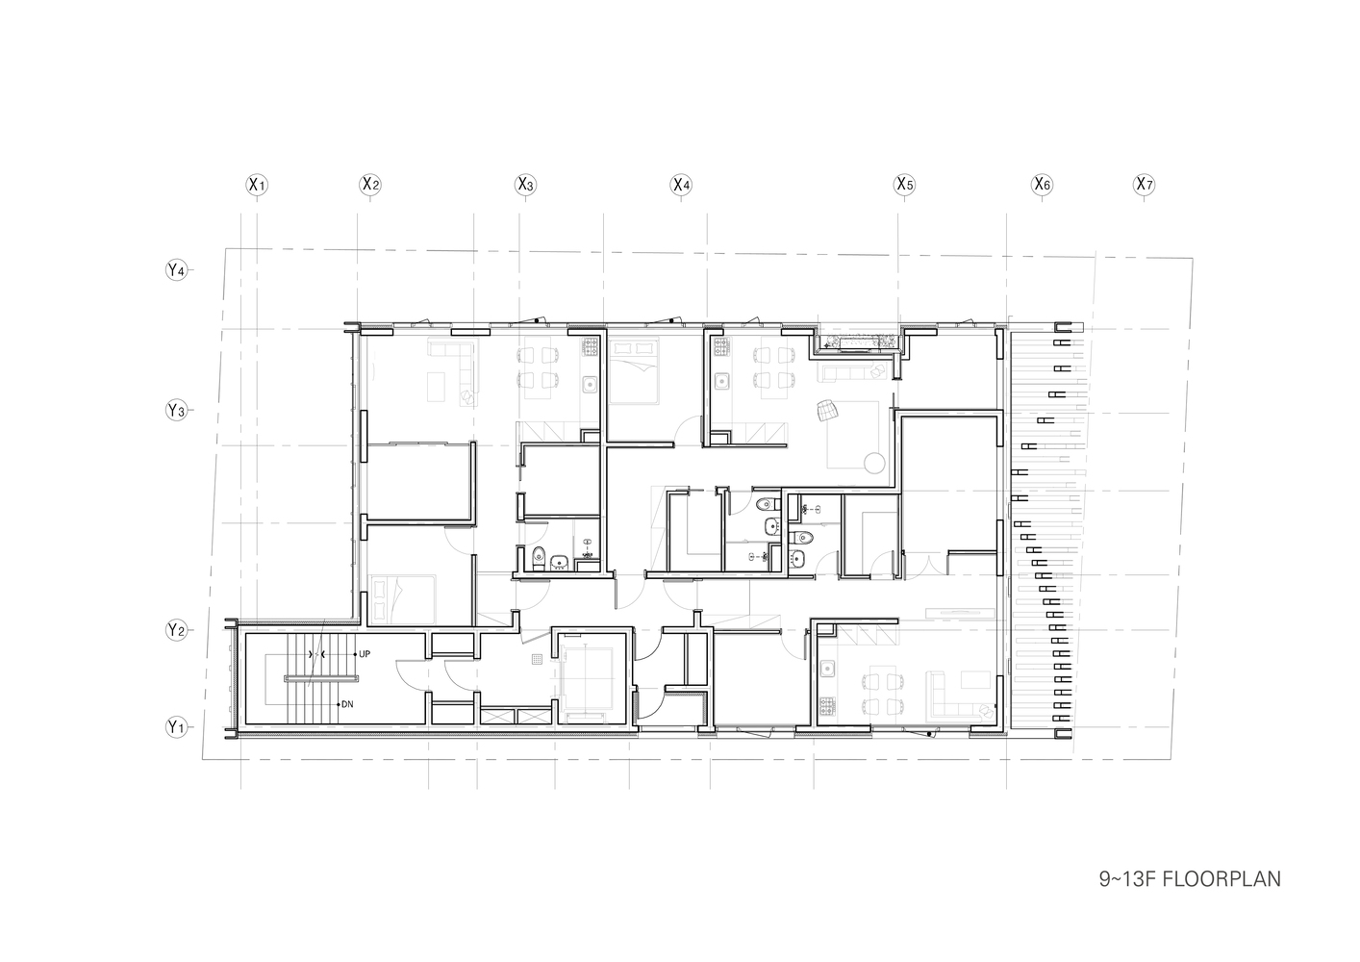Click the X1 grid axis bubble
256,184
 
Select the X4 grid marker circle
681,184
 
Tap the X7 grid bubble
1143,184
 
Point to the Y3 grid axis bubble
176,411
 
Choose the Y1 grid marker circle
175,727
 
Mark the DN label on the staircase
346,704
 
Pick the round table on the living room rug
873,464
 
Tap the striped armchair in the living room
828,411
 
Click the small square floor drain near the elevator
538,660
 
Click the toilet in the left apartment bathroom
540,555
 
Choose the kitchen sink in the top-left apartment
590,386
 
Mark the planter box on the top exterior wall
858,341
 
